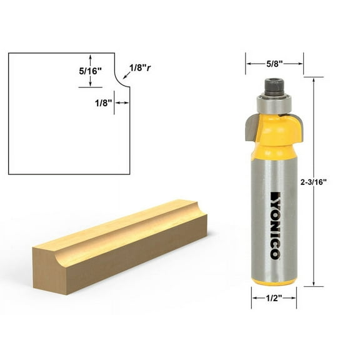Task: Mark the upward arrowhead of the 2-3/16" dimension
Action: tap(314, 79)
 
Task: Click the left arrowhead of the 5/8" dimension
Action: tap(247, 64)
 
